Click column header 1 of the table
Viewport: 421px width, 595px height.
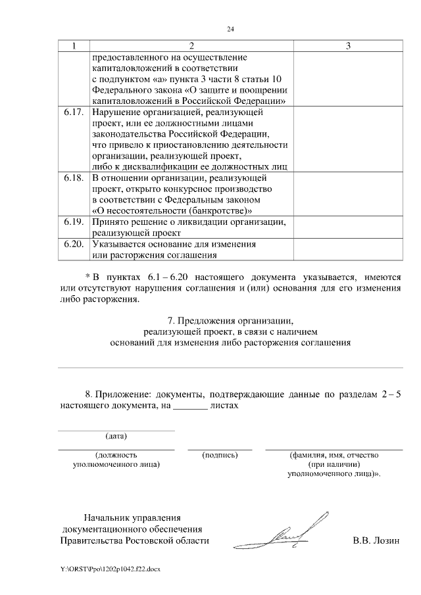[x=74, y=46]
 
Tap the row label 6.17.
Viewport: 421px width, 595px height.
[x=74, y=112]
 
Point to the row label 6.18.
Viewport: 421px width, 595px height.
[x=74, y=178]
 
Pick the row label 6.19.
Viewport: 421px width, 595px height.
[x=74, y=222]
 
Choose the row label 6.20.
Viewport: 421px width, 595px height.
[x=74, y=244]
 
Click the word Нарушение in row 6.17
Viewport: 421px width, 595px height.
[x=116, y=112]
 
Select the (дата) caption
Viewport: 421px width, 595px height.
[x=116, y=436]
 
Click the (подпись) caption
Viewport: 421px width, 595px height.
[x=220, y=454]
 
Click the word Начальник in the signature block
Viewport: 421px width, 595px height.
[x=106, y=517]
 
